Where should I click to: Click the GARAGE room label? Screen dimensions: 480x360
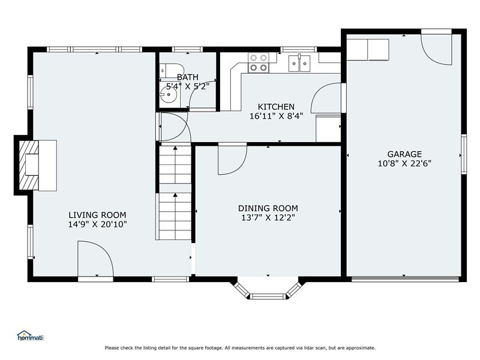[404, 154]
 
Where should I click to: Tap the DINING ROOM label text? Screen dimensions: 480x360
[268, 208]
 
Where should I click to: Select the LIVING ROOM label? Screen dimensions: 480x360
[97, 215]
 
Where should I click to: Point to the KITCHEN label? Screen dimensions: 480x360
[276, 107]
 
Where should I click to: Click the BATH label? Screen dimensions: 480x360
[187, 77]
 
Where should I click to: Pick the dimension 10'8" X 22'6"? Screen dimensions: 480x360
[404, 163]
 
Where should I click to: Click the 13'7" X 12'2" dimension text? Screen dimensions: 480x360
[268, 218]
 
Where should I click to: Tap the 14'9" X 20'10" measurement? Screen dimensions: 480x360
[97, 224]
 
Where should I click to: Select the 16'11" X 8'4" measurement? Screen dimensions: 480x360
[276, 116]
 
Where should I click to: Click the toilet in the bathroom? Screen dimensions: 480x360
[172, 71]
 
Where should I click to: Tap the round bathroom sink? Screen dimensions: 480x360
[168, 94]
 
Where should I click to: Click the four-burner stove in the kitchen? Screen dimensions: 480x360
[259, 62]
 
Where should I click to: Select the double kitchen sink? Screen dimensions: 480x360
[299, 63]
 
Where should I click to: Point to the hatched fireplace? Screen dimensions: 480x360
[29, 166]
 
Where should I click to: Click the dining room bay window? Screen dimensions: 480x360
[268, 289]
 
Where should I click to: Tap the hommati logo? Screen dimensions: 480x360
[31, 336]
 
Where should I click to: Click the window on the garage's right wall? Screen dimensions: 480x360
[464, 154]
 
